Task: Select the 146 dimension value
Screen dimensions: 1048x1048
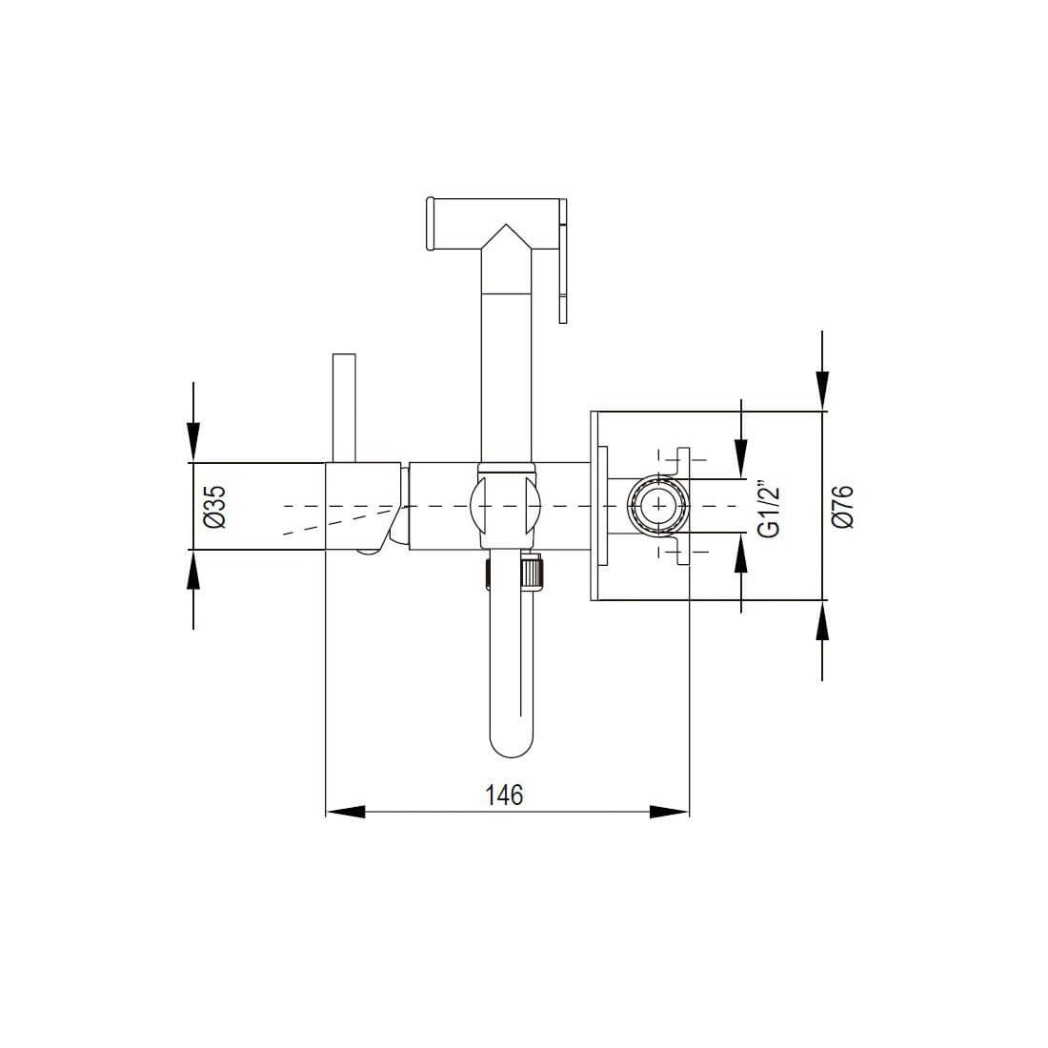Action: coord(505,795)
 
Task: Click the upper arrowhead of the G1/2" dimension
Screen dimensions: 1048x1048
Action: coord(740,456)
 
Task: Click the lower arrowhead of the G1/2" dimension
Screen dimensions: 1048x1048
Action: coord(740,554)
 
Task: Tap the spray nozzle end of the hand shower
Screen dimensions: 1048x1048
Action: coord(431,224)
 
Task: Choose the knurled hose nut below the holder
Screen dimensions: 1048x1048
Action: coord(534,573)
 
